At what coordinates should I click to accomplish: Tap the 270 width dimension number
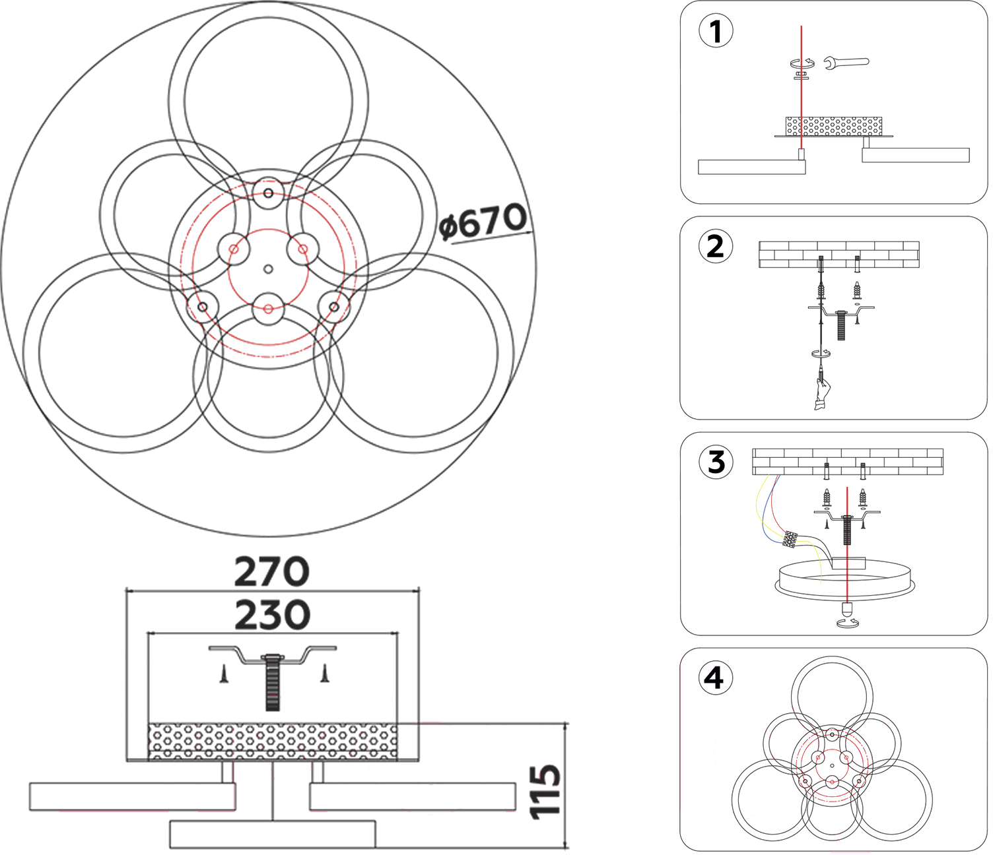[x=271, y=571]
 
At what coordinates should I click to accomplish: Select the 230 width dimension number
[x=272, y=615]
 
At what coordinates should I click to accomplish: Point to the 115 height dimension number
[x=547, y=791]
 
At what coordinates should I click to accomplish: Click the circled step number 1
[x=716, y=31]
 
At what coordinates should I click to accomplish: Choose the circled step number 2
[x=716, y=247]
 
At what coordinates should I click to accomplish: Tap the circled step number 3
[x=716, y=462]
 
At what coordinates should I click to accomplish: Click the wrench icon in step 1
[x=846, y=63]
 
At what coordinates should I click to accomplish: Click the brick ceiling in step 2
[x=839, y=254]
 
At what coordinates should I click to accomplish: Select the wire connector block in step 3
[x=790, y=539]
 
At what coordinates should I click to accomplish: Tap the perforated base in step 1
[x=833, y=126]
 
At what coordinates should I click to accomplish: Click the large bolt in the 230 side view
[x=272, y=682]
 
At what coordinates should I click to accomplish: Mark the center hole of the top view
[x=268, y=269]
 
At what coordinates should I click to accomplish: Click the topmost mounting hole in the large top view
[x=268, y=193]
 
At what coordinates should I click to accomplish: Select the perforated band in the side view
[x=272, y=742]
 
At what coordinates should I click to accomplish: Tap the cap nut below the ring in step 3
[x=846, y=609]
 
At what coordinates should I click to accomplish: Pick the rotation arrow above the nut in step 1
[x=802, y=63]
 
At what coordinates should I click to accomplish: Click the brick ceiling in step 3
[x=848, y=462]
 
